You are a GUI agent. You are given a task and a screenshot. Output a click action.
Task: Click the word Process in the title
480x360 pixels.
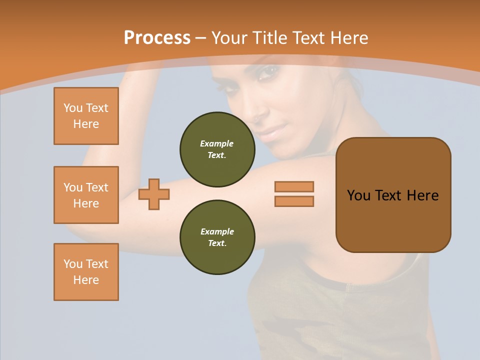157,38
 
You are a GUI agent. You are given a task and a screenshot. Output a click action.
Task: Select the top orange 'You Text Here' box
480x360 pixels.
86,116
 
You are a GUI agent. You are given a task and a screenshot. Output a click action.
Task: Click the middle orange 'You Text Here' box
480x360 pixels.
86,195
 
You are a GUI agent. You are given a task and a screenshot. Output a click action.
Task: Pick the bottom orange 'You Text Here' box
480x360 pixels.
86,271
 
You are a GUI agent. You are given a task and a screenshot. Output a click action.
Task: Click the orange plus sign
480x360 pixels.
154,194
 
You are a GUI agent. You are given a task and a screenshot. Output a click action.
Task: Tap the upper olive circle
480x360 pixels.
217,149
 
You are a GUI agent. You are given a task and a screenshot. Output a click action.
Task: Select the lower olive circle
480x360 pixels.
217,237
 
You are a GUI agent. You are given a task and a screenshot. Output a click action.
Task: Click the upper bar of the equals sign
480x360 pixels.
294,187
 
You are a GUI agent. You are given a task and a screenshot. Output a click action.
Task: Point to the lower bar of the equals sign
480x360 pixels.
294,201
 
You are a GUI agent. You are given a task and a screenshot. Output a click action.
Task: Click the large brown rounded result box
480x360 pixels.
393,220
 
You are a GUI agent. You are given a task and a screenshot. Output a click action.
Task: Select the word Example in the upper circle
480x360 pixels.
217,143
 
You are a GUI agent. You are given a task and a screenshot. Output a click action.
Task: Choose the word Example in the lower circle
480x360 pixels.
217,231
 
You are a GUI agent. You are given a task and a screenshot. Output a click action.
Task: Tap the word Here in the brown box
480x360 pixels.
423,195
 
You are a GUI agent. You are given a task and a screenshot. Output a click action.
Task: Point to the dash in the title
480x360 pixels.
200,38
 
